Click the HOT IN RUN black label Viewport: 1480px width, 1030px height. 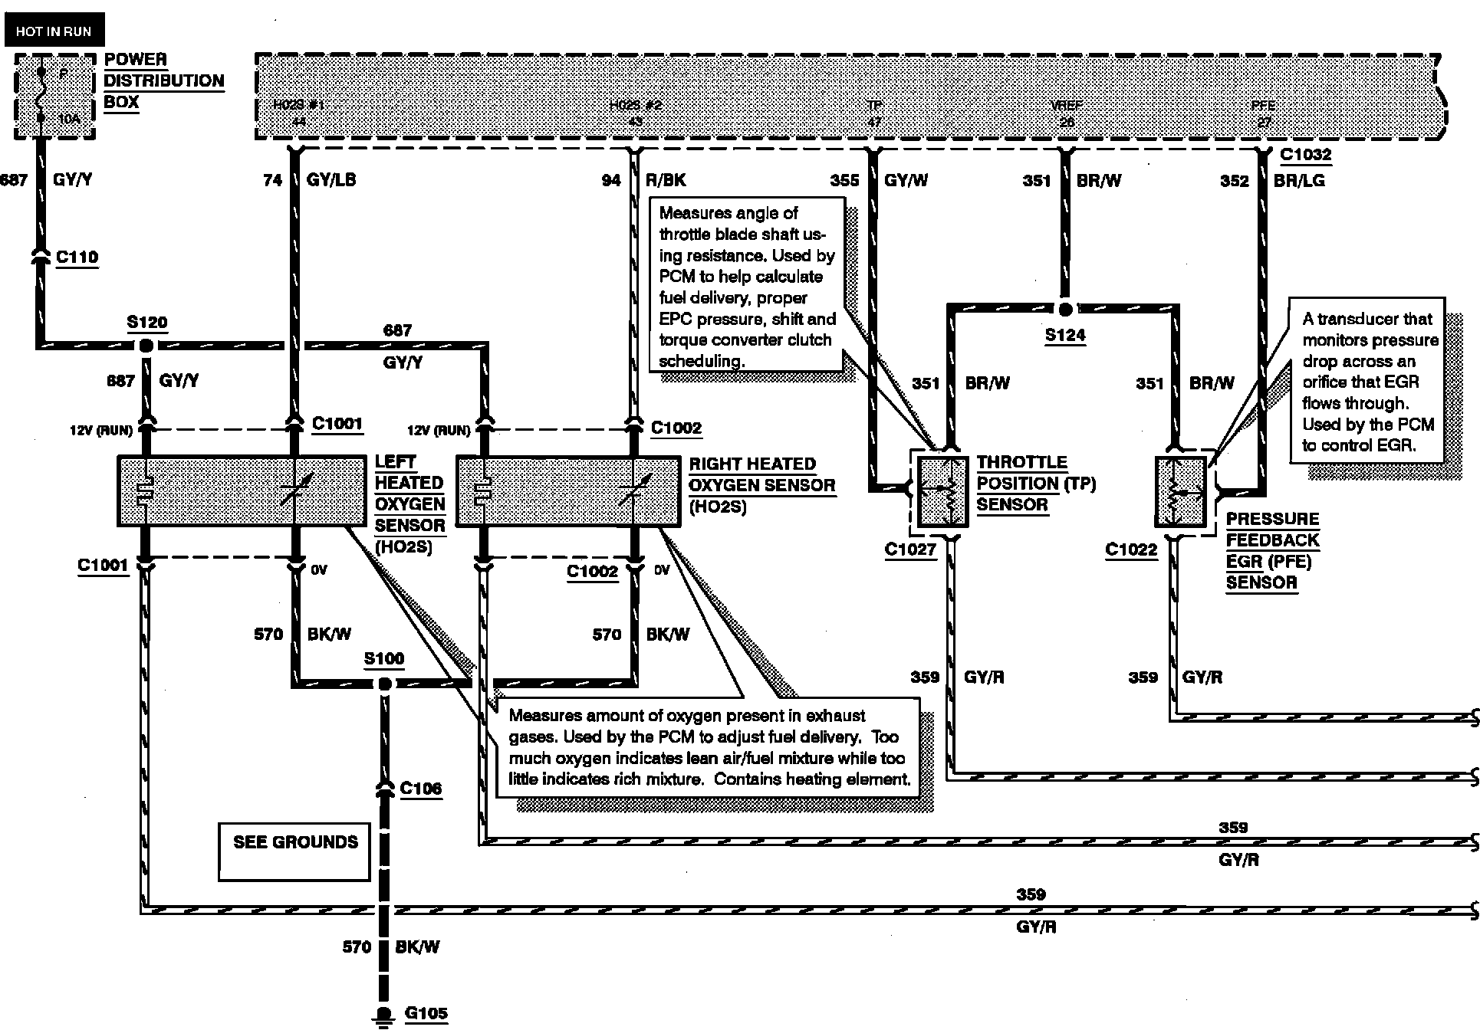click(x=54, y=31)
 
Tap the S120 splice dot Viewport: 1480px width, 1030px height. click(x=146, y=346)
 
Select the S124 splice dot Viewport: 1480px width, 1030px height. click(x=1064, y=310)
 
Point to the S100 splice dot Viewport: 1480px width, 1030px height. click(x=385, y=684)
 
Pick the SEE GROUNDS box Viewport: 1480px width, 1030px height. click(x=295, y=851)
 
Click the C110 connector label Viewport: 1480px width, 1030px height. click(x=77, y=257)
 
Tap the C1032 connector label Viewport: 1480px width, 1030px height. click(x=1306, y=155)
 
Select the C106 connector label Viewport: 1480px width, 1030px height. click(x=421, y=788)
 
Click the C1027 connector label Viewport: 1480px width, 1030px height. click(x=910, y=549)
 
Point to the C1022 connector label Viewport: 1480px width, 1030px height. click(x=1131, y=549)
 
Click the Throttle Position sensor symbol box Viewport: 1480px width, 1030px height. click(x=942, y=492)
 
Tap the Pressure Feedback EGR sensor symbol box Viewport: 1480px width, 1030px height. click(x=1181, y=492)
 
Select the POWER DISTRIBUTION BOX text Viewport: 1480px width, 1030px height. click(x=163, y=80)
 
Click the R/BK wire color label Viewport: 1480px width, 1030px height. click(x=666, y=180)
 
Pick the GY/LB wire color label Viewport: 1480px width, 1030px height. click(x=331, y=180)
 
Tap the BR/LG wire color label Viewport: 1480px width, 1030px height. click(x=1299, y=181)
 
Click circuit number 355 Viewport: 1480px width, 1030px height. click(x=845, y=180)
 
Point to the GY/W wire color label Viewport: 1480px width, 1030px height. click(x=906, y=180)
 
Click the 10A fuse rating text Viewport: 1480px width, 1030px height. click(x=69, y=119)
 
